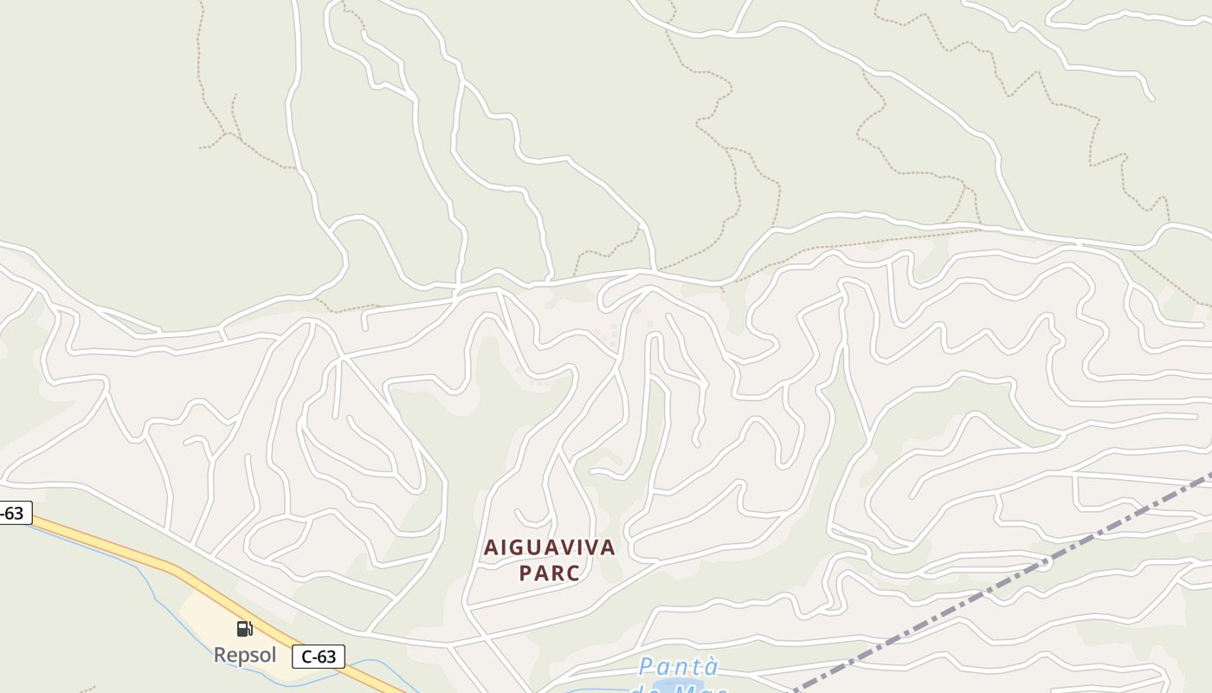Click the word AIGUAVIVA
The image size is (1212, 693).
coord(549,547)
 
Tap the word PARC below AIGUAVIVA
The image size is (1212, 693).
coord(549,573)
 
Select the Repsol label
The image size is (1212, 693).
coord(245,655)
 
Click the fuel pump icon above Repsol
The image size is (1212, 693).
coord(245,629)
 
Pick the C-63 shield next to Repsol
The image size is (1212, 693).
coord(318,657)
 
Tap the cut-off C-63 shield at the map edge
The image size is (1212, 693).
coord(13,513)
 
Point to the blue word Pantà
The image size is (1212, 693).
coord(679,667)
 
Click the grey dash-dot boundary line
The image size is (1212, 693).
coord(996,589)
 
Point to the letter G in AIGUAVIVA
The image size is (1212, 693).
coord(517,547)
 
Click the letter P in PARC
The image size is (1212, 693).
coord(525,573)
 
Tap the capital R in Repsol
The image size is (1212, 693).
coord(220,655)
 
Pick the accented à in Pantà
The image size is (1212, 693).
coord(712,667)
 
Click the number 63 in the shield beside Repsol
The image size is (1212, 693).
coord(326,657)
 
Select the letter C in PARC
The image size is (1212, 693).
coord(572,573)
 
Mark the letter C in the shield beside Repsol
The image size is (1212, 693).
coord(306,657)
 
